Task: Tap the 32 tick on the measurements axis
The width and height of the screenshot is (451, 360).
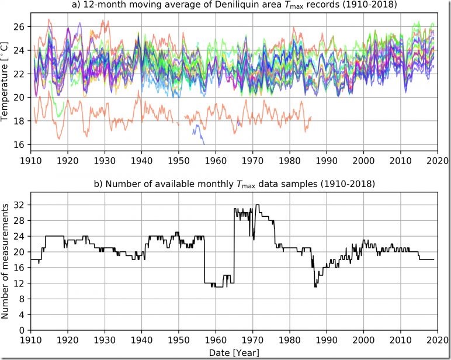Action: [21, 205]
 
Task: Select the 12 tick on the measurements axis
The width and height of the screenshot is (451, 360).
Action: [21, 283]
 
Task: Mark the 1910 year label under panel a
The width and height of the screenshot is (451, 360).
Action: [32, 159]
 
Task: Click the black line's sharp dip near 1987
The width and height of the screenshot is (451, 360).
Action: [315, 285]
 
